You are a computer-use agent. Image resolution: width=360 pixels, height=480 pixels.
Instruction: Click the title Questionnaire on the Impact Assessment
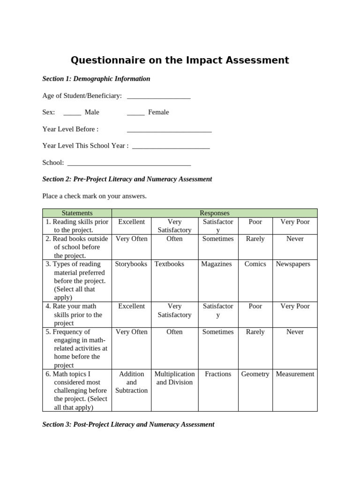click(180, 60)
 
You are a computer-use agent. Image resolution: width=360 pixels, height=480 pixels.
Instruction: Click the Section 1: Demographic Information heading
click(96, 79)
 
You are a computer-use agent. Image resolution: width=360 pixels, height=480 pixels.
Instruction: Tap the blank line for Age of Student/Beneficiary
click(158, 97)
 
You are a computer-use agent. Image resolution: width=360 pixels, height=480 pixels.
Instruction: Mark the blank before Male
click(72, 113)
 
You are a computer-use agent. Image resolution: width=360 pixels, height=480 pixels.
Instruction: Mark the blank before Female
click(135, 113)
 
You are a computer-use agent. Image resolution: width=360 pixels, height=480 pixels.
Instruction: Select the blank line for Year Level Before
click(169, 130)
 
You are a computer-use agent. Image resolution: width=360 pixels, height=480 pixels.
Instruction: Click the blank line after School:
click(129, 163)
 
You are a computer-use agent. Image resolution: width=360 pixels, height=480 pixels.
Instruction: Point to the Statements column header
click(77, 213)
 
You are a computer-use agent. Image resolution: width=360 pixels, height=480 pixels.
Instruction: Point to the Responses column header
click(214, 213)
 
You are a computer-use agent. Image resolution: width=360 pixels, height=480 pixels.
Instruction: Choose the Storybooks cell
click(131, 264)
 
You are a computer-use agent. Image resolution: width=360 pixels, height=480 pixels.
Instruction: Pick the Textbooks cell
click(169, 264)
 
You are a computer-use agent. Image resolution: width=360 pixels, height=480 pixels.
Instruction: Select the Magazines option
click(217, 264)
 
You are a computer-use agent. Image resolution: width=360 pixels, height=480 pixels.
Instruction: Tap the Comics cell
click(255, 264)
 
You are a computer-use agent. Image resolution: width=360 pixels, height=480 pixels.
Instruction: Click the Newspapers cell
click(293, 264)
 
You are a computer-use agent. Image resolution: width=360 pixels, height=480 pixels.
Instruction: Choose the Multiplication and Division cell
click(174, 378)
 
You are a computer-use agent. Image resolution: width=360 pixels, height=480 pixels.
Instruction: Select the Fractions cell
click(218, 374)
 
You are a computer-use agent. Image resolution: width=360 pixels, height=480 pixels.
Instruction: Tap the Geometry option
click(255, 374)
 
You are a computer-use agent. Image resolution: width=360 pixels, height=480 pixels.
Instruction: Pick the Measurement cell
click(295, 374)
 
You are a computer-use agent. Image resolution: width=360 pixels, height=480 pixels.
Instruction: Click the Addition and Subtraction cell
click(131, 382)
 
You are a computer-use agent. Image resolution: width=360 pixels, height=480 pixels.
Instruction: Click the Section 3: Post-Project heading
click(128, 424)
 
